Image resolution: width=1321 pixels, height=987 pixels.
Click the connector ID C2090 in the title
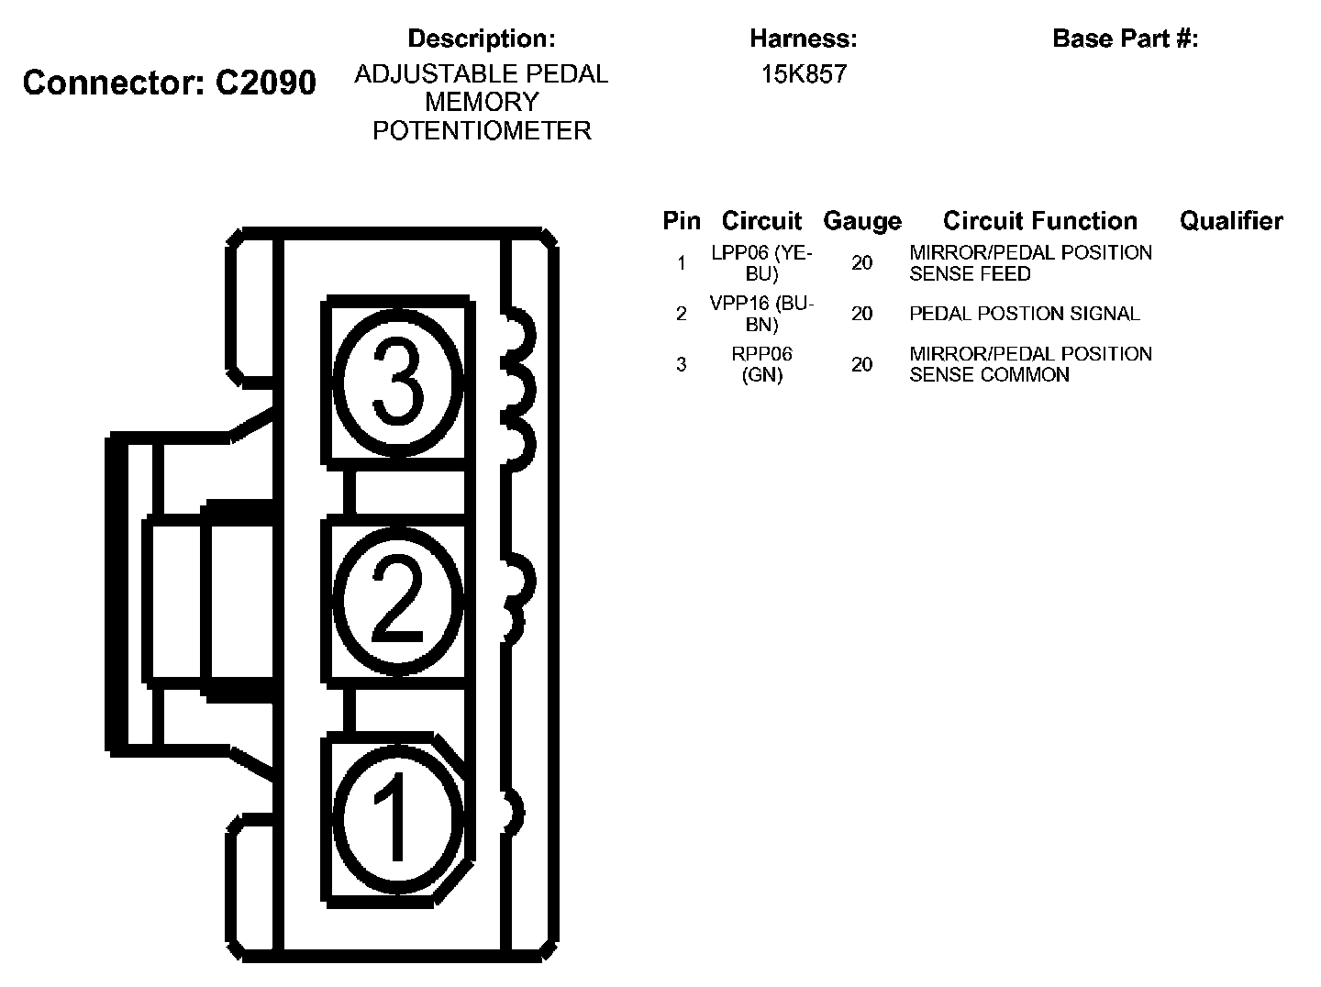(x=265, y=83)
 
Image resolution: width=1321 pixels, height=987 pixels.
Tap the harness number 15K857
(x=803, y=74)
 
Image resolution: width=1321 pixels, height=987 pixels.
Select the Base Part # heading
(x=1125, y=39)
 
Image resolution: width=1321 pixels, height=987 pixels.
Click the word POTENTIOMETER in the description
(x=482, y=130)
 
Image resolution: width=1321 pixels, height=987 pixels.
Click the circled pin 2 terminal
(x=397, y=601)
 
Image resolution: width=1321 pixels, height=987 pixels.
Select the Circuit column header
(x=761, y=221)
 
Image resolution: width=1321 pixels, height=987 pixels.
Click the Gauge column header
(x=861, y=221)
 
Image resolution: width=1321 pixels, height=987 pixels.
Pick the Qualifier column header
(x=1230, y=221)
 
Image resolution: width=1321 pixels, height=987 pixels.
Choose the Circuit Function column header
(x=1039, y=221)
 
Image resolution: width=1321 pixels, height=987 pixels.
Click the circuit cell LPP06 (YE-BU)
(x=761, y=263)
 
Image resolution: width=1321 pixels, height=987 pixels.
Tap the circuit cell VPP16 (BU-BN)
(x=761, y=314)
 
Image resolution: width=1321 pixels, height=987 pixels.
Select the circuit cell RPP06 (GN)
(x=761, y=364)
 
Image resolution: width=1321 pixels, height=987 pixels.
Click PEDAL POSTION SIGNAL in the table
(x=1024, y=314)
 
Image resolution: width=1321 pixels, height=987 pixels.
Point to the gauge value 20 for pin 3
(x=861, y=364)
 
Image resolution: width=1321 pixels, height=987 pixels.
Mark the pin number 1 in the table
(x=681, y=263)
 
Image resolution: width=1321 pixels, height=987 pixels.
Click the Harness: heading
(x=803, y=39)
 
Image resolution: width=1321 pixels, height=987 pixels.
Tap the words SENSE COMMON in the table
(x=989, y=375)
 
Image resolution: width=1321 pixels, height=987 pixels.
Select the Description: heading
(x=482, y=39)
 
